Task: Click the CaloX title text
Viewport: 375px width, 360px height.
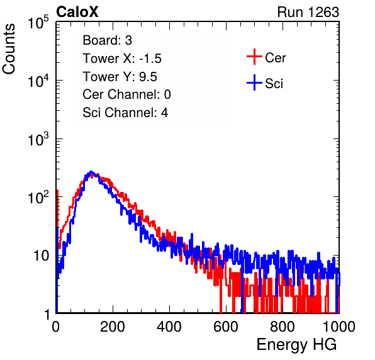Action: click(x=77, y=12)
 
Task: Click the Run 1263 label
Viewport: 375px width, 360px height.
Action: click(x=308, y=12)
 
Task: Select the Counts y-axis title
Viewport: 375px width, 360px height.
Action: click(x=9, y=49)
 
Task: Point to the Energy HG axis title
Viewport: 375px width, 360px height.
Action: click(x=296, y=345)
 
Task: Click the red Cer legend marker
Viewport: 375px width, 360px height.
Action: click(x=254, y=57)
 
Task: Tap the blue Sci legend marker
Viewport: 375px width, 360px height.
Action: click(x=254, y=83)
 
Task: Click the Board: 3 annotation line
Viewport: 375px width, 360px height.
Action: click(x=107, y=40)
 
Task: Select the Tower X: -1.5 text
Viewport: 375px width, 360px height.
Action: click(x=122, y=59)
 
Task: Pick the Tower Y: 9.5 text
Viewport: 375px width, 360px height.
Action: click(x=120, y=77)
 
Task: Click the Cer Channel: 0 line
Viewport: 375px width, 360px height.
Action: click(x=126, y=94)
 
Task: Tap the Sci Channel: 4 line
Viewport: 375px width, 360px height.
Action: click(x=125, y=113)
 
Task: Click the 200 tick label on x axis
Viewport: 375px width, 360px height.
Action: click(x=113, y=327)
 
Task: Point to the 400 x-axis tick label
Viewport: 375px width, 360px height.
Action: click(x=169, y=327)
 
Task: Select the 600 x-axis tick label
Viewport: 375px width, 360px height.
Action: click(x=226, y=327)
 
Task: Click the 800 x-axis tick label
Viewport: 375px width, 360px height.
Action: click(x=283, y=327)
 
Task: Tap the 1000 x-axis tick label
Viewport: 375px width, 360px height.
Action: click(x=339, y=327)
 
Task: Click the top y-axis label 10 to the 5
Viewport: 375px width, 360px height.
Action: click(x=39, y=23)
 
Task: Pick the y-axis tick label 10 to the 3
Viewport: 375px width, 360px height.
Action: click(x=39, y=140)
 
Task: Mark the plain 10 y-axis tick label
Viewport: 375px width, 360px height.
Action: click(x=41, y=256)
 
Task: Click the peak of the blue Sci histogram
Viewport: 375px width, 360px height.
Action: click(x=91, y=172)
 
